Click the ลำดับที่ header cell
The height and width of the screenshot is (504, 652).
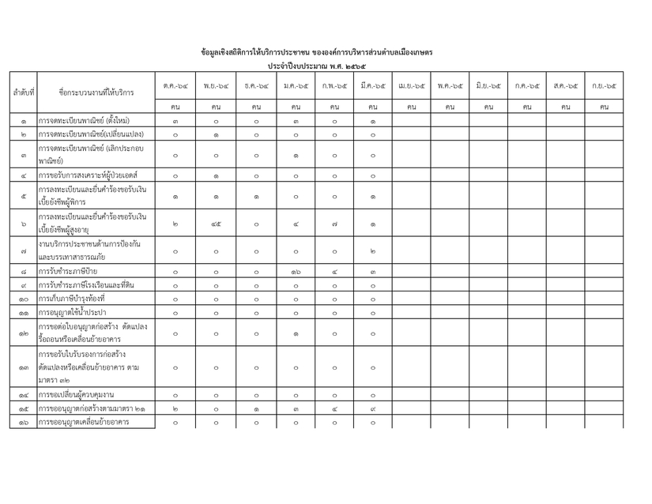23,92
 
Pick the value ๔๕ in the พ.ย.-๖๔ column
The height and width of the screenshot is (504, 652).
216,224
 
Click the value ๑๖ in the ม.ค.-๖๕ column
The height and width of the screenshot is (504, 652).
295,271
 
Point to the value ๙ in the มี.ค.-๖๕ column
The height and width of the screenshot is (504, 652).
372,408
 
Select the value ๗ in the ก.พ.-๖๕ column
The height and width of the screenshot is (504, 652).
334,224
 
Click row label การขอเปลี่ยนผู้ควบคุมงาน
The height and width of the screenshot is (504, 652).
77,394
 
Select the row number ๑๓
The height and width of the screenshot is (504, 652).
23,367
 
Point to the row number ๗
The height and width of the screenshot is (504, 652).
23,251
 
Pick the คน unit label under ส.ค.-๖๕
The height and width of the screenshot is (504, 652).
565,105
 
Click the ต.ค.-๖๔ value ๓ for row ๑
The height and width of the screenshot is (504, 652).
175,121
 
